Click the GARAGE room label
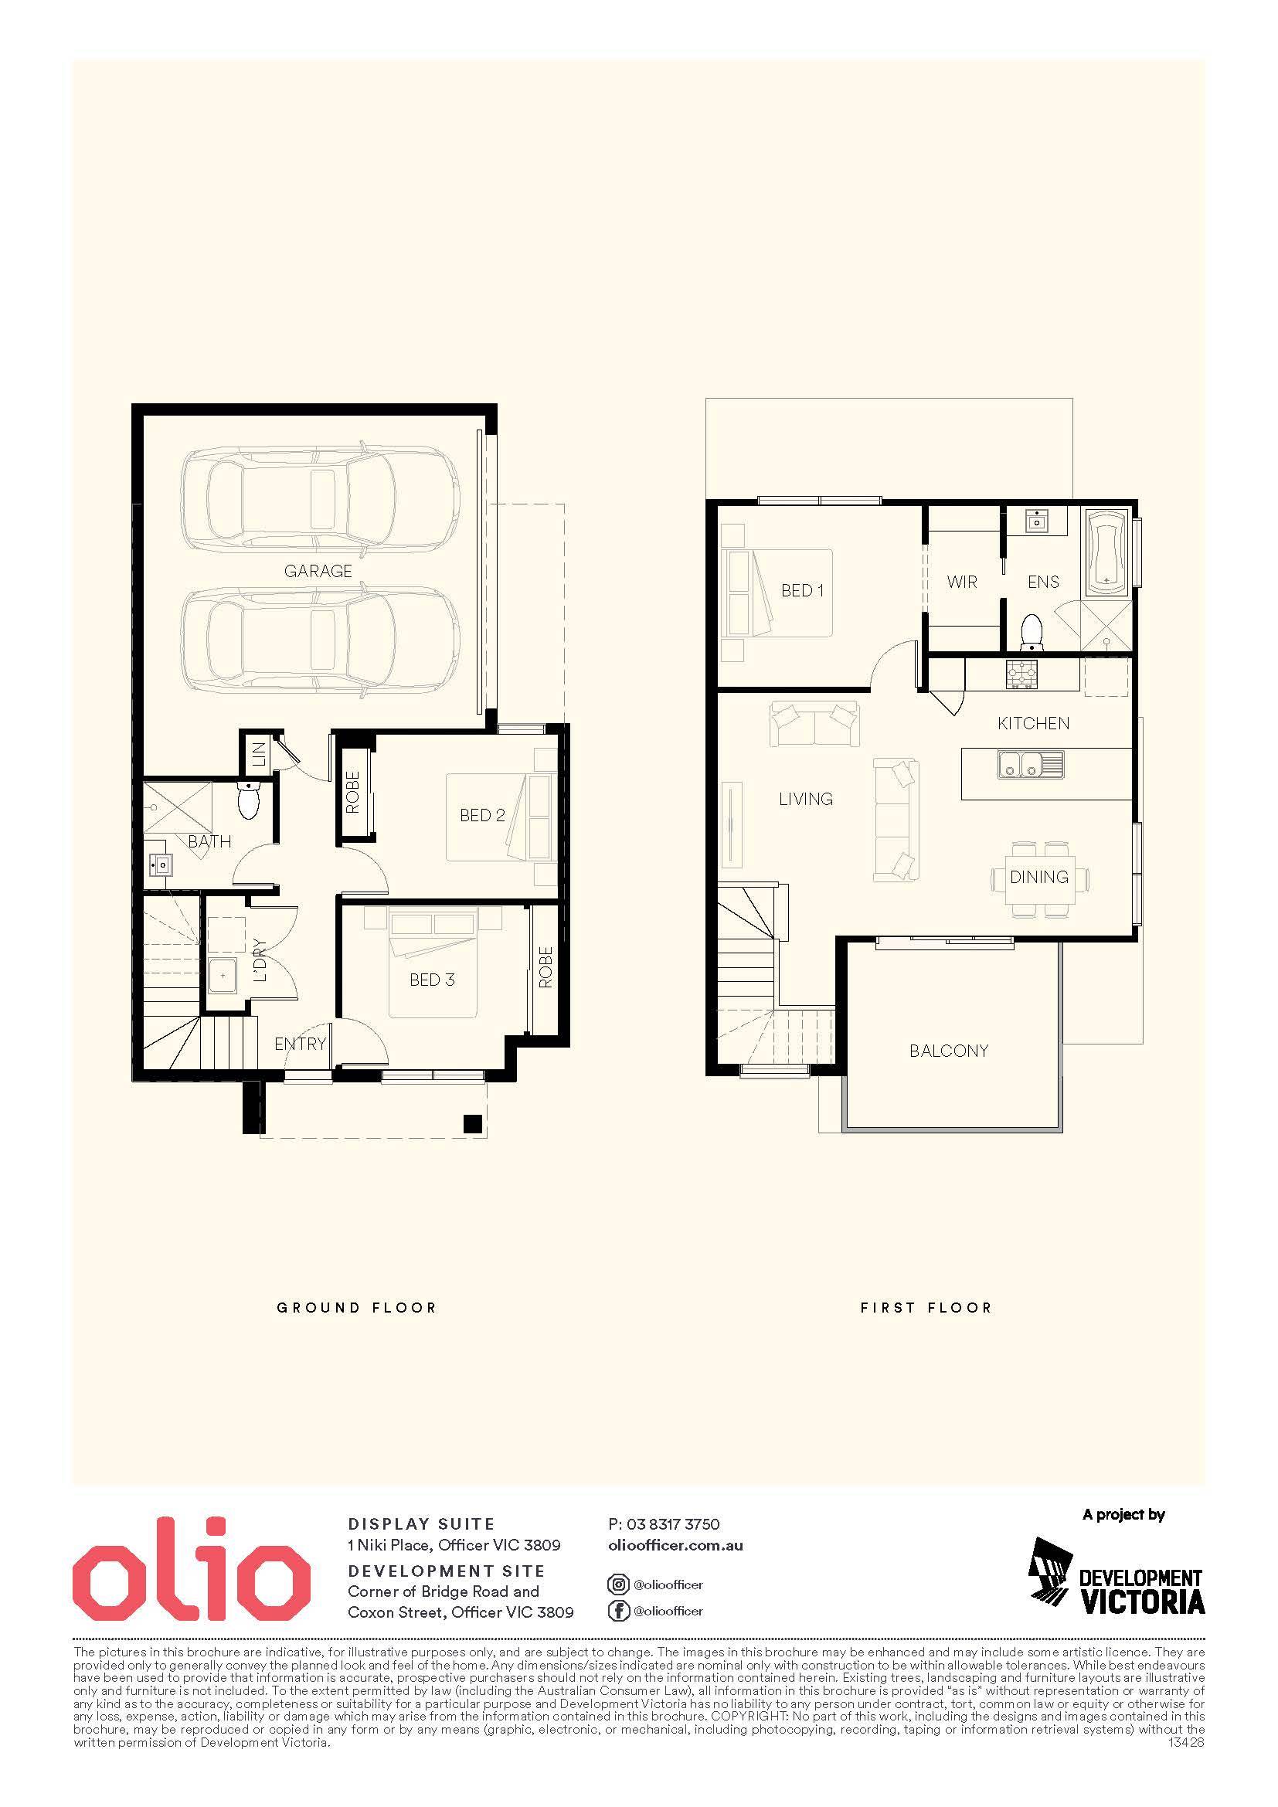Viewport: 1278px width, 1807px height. coord(318,571)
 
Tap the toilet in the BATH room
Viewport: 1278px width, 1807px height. coord(248,800)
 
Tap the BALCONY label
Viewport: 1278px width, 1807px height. coord(948,1051)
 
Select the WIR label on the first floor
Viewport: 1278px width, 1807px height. coord(962,582)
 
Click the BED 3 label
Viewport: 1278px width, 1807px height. coord(432,980)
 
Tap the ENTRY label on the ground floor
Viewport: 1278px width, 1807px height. coord(300,1044)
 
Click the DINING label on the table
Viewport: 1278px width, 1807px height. coord(1038,877)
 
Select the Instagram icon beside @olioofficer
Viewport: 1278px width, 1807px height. coord(619,1585)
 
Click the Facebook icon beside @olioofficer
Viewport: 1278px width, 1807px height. coord(619,1611)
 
